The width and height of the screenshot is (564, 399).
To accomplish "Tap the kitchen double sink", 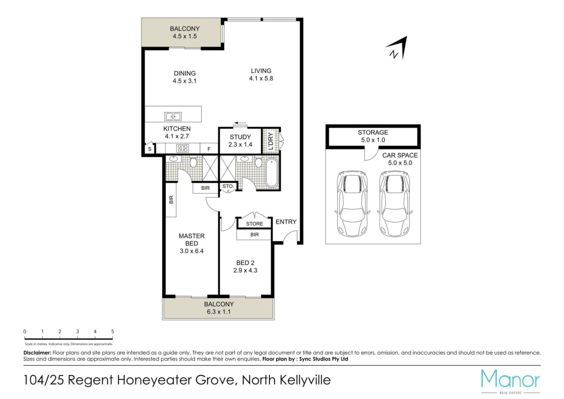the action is pyautogui.click(x=173, y=116).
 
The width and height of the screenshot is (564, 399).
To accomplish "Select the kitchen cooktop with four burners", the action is pyautogui.click(x=182, y=148).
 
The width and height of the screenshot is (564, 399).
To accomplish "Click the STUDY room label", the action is pyautogui.click(x=240, y=137).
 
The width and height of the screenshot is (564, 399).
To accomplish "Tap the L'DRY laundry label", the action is pyautogui.click(x=271, y=141).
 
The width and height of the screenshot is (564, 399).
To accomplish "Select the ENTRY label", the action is pyautogui.click(x=286, y=222).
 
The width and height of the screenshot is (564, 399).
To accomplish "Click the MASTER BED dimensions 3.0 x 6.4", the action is pyautogui.click(x=192, y=251).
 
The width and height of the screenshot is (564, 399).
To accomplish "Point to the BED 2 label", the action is pyautogui.click(x=245, y=263).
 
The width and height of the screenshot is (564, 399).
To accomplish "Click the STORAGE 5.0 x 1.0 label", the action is pyautogui.click(x=373, y=136).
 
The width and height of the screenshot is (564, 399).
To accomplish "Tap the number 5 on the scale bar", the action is pyautogui.click(x=113, y=331).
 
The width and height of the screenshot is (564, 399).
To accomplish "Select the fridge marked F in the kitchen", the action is pyautogui.click(x=209, y=149).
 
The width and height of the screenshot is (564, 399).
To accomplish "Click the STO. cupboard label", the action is pyautogui.click(x=228, y=186).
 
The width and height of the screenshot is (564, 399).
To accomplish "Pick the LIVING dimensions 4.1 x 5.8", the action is pyautogui.click(x=261, y=78).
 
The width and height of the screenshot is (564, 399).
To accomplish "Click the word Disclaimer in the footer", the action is pyautogui.click(x=37, y=353).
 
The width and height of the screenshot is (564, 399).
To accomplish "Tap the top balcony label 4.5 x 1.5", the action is pyautogui.click(x=185, y=36).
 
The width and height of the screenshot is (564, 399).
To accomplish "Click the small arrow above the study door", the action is pyautogui.click(x=241, y=123).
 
